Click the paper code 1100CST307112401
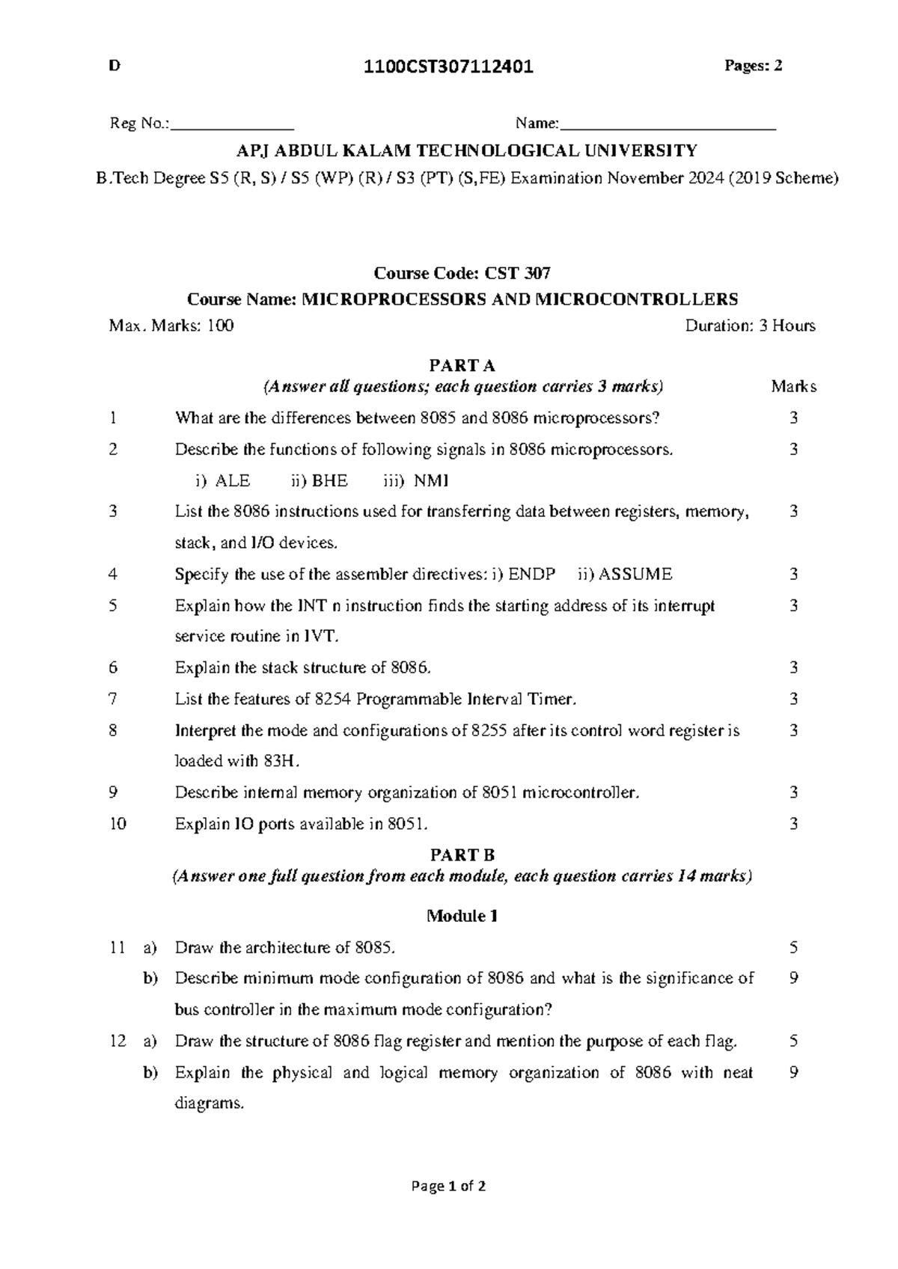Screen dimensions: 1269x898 click(x=448, y=67)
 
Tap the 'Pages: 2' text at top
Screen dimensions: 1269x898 click(x=753, y=66)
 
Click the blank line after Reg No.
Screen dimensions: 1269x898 click(x=233, y=126)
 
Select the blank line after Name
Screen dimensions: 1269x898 click(x=668, y=126)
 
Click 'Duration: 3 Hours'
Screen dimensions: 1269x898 click(x=750, y=325)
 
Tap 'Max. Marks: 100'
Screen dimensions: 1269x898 click(x=171, y=325)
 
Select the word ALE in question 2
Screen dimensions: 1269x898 click(x=233, y=480)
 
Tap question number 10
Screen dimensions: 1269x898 click(x=117, y=824)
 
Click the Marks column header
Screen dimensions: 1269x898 click(x=793, y=387)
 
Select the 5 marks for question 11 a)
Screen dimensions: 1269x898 click(x=793, y=947)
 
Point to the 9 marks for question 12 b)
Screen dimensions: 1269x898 click(x=793, y=1072)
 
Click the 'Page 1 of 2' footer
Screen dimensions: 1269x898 click(x=448, y=1186)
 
